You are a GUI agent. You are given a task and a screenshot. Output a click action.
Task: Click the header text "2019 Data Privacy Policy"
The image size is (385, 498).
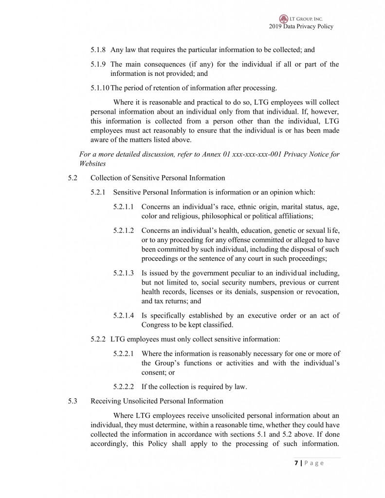tap(301, 27)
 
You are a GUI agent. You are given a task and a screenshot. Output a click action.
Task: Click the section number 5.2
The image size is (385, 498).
tap(73, 178)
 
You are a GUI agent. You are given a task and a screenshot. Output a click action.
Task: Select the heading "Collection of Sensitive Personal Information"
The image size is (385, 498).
tap(158, 178)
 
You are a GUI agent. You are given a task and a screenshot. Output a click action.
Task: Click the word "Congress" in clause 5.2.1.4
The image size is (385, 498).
tap(157, 325)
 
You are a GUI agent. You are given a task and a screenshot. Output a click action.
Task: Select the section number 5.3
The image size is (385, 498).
tap(73, 401)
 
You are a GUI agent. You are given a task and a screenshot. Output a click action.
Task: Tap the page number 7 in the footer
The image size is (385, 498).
tap(296, 463)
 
